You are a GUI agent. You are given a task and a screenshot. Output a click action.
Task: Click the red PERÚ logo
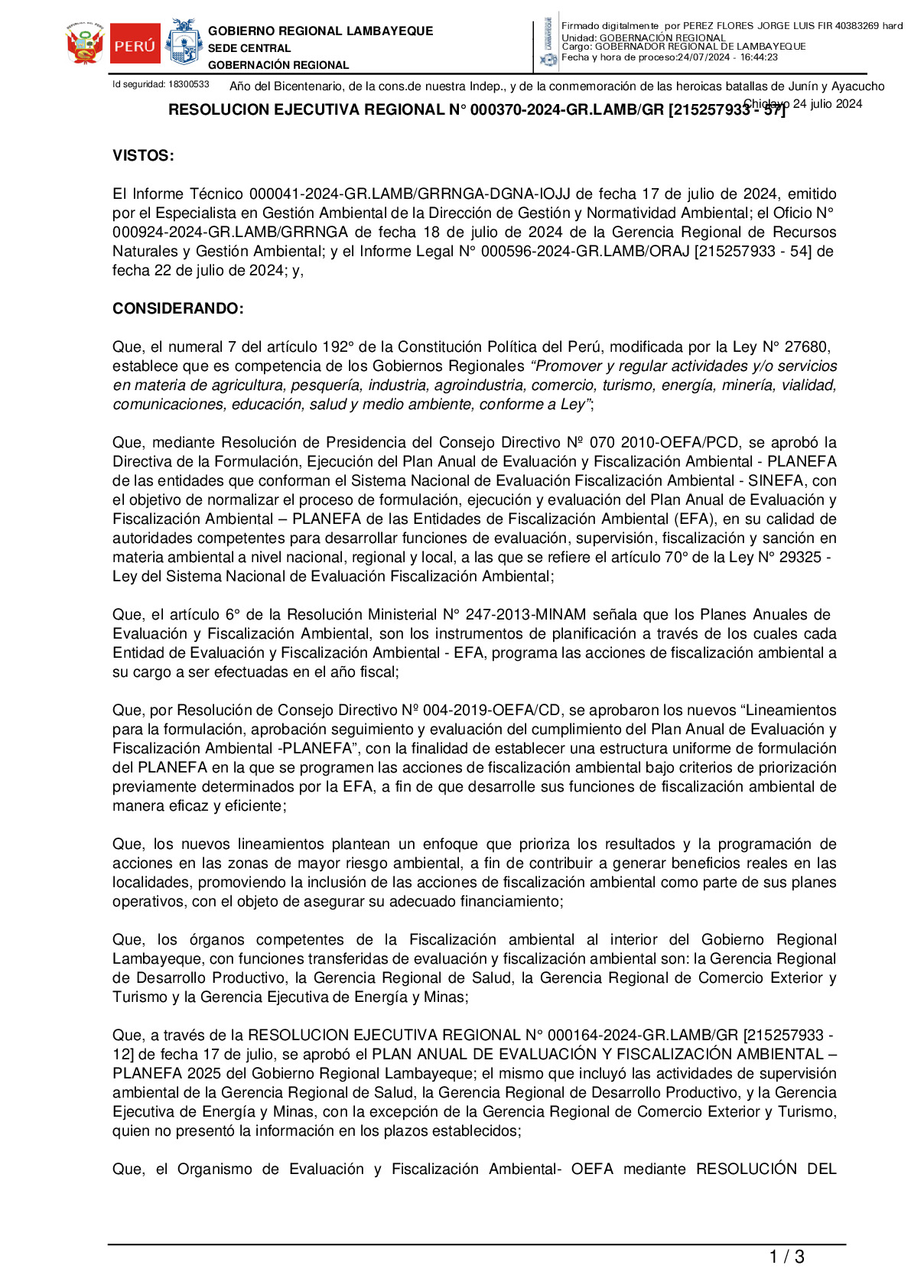[x=135, y=44]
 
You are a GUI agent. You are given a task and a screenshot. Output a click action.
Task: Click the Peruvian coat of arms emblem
[x=85, y=44]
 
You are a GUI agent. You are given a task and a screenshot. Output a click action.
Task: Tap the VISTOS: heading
[x=143, y=156]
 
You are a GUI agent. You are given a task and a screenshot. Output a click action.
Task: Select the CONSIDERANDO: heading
[x=178, y=309]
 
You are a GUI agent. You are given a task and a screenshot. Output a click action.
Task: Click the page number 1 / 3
[x=786, y=1257]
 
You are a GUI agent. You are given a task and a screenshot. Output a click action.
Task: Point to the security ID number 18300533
[x=189, y=84]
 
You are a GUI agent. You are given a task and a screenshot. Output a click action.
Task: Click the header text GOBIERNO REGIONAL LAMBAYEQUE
[x=320, y=31]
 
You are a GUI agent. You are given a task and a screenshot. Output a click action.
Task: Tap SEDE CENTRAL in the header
[x=249, y=48]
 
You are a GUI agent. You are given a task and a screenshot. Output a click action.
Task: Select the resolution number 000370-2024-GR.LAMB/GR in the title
[x=567, y=110]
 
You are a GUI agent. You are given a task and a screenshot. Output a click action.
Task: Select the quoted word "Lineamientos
[x=790, y=711]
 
